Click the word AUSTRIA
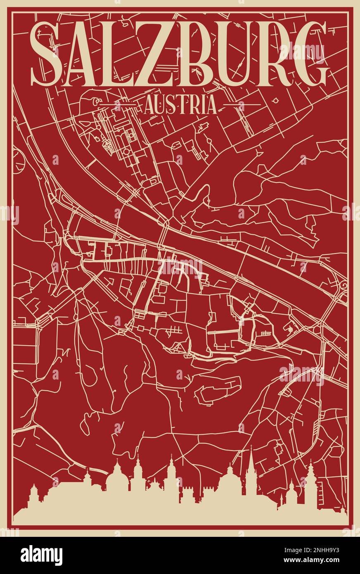(180, 105)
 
